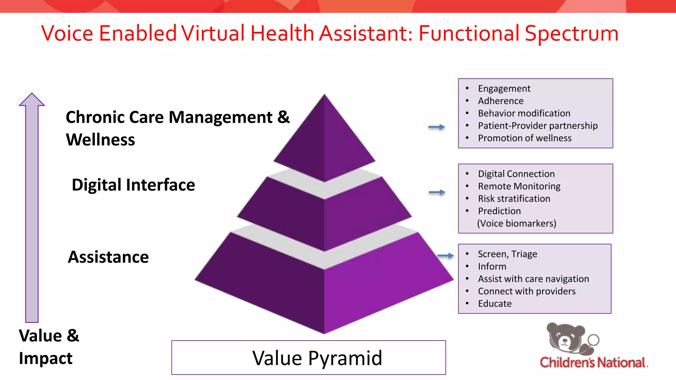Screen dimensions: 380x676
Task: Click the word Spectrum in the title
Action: coord(571,34)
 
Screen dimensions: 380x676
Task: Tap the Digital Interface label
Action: coord(133,185)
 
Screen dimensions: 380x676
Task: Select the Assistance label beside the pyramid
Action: coord(108,257)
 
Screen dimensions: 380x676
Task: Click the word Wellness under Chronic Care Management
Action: coord(100,140)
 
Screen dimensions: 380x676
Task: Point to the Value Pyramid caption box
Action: coord(308,358)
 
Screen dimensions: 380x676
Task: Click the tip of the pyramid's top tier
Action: coord(324,96)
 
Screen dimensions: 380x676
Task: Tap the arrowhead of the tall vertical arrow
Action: coord(32,99)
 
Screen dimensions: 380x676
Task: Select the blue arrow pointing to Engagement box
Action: coord(436,127)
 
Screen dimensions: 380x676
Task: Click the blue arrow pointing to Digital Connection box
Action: coord(437,192)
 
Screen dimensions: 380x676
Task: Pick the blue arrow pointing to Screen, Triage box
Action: coord(445,256)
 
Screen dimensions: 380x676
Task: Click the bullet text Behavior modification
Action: coord(524,113)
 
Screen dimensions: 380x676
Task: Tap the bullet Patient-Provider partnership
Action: coord(537,126)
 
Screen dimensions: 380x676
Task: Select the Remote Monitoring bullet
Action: coord(519,186)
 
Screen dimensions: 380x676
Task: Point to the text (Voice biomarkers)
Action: coord(517,223)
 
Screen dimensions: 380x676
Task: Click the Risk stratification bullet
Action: coord(514,199)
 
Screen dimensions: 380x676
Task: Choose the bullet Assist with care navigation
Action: coord(533,279)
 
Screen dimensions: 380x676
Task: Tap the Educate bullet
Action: coord(494,303)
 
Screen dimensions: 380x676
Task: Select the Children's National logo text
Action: coord(593,363)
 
